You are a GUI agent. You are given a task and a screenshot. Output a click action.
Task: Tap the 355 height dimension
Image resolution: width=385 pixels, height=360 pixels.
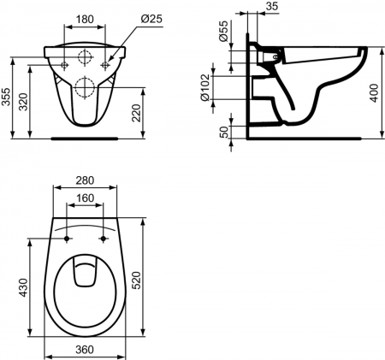click(7, 98)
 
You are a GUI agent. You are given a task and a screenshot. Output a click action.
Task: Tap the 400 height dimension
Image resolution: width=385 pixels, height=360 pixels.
click(373, 92)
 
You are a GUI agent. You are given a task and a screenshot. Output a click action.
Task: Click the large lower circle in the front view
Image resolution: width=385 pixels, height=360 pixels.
click(86, 86)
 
